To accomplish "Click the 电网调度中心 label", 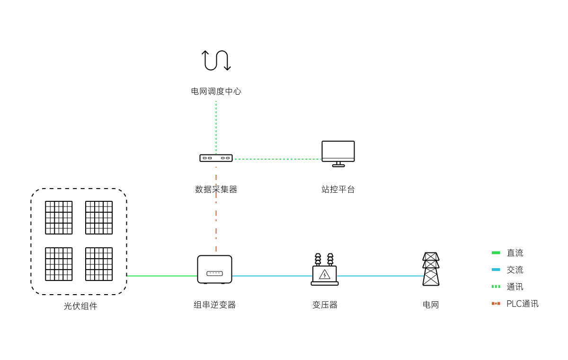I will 216,91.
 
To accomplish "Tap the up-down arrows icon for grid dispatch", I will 216,61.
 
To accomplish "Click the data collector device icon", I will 216,158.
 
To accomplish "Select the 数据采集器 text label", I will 216,189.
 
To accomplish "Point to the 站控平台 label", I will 338,189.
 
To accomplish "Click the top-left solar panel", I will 59,217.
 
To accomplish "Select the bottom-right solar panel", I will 99,264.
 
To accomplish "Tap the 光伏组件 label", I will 80,306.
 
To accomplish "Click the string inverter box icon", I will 214,270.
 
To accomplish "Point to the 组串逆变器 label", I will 214,305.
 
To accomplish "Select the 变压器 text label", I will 325,305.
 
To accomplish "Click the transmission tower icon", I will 431,269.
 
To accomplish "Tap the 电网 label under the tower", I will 431,305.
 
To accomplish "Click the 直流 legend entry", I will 515,253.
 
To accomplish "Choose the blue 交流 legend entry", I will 515,270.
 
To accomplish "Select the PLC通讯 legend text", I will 522,304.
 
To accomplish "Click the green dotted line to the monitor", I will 277,159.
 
